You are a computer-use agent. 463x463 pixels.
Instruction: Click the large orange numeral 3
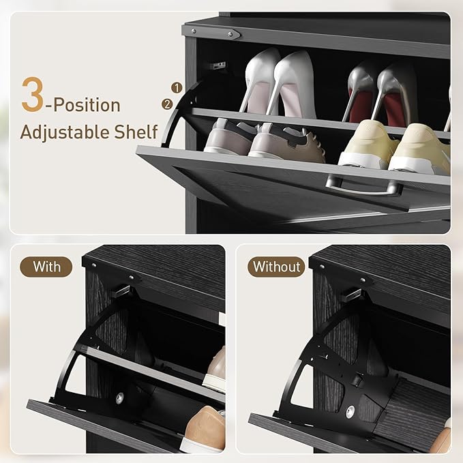pos(33,95)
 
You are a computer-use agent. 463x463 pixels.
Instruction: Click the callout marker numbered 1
pos(176,88)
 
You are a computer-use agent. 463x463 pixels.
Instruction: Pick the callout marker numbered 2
pos(166,104)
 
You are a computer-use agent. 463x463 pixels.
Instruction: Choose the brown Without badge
pos(276,267)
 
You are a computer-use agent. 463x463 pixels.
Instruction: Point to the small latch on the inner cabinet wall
pos(218,65)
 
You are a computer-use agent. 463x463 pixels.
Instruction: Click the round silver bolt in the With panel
pos(120,397)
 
